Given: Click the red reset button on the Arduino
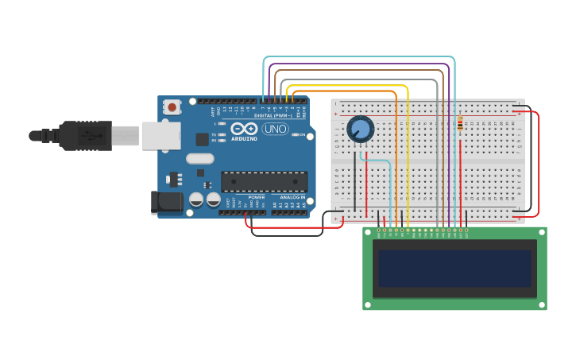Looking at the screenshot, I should pyautogui.click(x=172, y=106).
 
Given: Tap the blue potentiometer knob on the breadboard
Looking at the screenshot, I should pyautogui.click(x=360, y=129).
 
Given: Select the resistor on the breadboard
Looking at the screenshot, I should pyautogui.click(x=460, y=124).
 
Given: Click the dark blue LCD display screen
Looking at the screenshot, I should pyautogui.click(x=454, y=269).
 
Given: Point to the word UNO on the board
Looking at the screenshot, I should pyautogui.click(x=275, y=129).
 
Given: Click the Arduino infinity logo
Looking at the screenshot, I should pyautogui.click(x=244, y=128).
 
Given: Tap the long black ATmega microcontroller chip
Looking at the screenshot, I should pyautogui.click(x=264, y=182).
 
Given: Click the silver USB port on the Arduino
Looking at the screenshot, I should pyautogui.click(x=161, y=135).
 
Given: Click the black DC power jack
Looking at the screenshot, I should pyautogui.click(x=166, y=202).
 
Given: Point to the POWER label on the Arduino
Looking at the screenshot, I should pyautogui.click(x=256, y=197).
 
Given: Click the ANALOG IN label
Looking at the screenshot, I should pyautogui.click(x=292, y=197).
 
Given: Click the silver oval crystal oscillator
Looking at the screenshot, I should pyautogui.click(x=200, y=158).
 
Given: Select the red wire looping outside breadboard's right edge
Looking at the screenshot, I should pyautogui.click(x=539, y=163).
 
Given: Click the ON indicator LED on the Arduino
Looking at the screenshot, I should pyautogui.click(x=295, y=135).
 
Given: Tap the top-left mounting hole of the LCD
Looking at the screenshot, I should pyautogui.click(x=369, y=233).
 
